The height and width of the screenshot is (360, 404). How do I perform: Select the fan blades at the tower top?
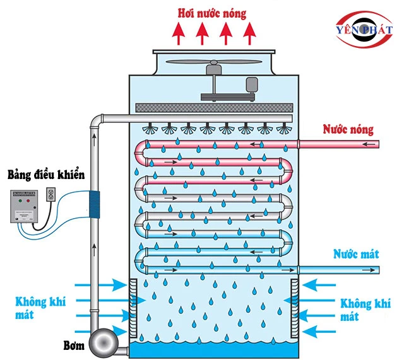(x=215, y=64)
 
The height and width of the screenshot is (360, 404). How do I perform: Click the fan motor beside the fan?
(x=254, y=84)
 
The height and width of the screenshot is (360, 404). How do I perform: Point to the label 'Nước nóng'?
(x=348, y=130)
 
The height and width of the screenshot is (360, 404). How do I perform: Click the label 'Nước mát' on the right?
(x=356, y=254)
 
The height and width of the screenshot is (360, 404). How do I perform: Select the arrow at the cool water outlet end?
(x=372, y=270)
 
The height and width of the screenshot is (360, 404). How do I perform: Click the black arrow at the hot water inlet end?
(x=372, y=144)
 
